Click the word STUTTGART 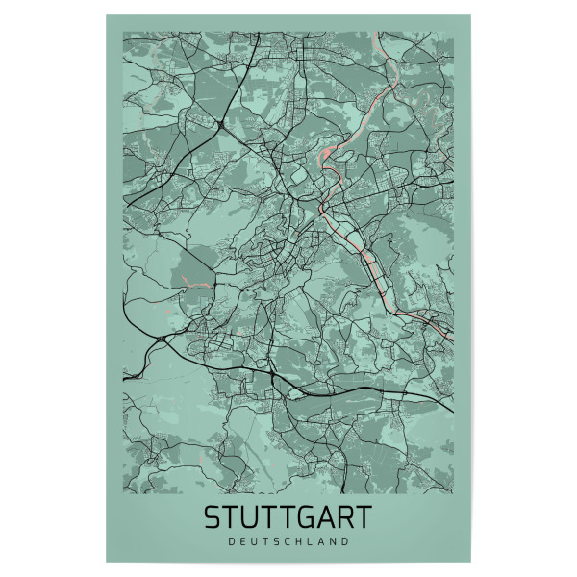288,517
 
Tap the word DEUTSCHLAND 288,541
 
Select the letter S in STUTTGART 213,517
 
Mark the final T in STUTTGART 363,517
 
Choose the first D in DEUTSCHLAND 233,541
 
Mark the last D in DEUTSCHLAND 343,541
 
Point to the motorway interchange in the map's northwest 222,125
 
